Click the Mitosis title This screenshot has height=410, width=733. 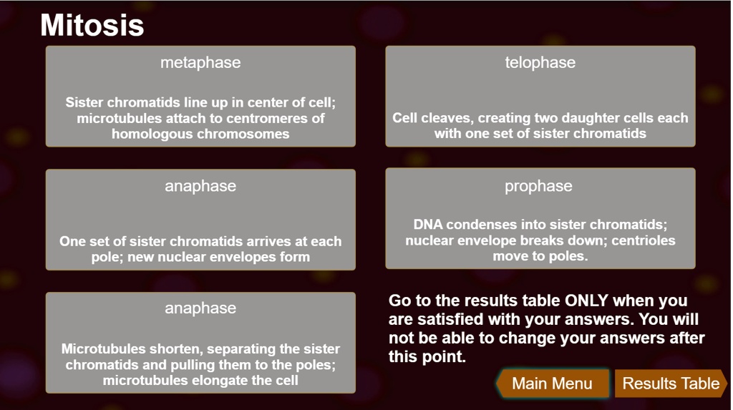pyautogui.click(x=92, y=25)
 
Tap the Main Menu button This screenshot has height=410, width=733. pyautogui.click(x=552, y=384)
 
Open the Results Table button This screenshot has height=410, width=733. pyautogui.click(x=671, y=384)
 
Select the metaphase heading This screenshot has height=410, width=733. pyautogui.click(x=200, y=63)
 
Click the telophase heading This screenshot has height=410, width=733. pyautogui.click(x=540, y=63)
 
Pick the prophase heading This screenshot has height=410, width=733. pyautogui.click(x=538, y=186)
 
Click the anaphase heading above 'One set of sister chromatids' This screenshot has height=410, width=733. pyautogui.click(x=200, y=186)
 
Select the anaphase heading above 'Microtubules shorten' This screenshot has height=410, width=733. pyautogui.click(x=200, y=308)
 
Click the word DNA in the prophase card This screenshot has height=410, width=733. pyautogui.click(x=428, y=225)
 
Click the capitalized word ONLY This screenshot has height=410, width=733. pyautogui.click(x=586, y=300)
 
